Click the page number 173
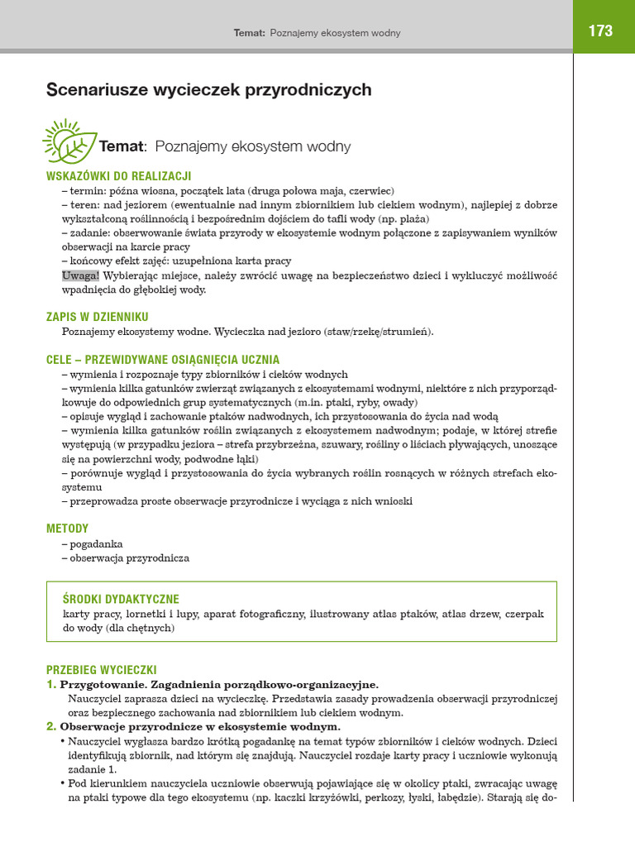[601, 31]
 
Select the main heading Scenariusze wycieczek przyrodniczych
[208, 89]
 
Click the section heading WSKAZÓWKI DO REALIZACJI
[119, 175]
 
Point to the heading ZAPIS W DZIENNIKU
[98, 317]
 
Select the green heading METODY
[68, 528]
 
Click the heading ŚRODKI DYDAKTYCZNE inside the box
[121, 599]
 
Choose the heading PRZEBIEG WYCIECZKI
[102, 670]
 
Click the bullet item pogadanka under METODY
[96, 544]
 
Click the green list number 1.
[51, 685]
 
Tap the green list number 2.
[51, 726]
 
